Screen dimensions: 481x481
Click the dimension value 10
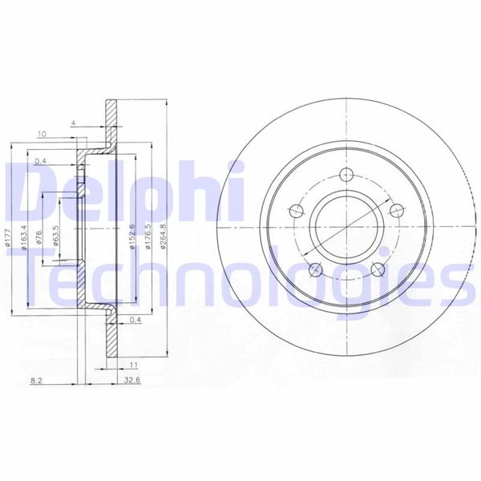(x=42, y=133)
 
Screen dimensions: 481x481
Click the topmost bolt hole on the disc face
(x=347, y=176)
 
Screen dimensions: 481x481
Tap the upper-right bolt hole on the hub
(x=395, y=211)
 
